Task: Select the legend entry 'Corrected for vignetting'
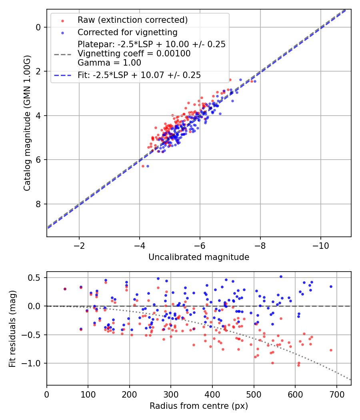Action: tap(127, 32)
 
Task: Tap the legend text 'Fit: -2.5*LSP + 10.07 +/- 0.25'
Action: tap(139, 75)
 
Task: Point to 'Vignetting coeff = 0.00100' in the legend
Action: tap(134, 54)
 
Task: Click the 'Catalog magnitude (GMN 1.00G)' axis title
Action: tap(27, 123)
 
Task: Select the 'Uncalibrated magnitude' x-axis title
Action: tap(199, 257)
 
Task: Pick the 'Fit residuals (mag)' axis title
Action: tap(12, 328)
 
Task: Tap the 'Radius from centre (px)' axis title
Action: tap(199, 406)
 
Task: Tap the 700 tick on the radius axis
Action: tap(336, 394)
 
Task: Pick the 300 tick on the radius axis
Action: tap(171, 394)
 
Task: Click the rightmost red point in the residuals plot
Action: tap(331, 350)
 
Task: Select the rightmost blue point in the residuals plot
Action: tap(331, 286)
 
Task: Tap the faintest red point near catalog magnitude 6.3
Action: tap(143, 166)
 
